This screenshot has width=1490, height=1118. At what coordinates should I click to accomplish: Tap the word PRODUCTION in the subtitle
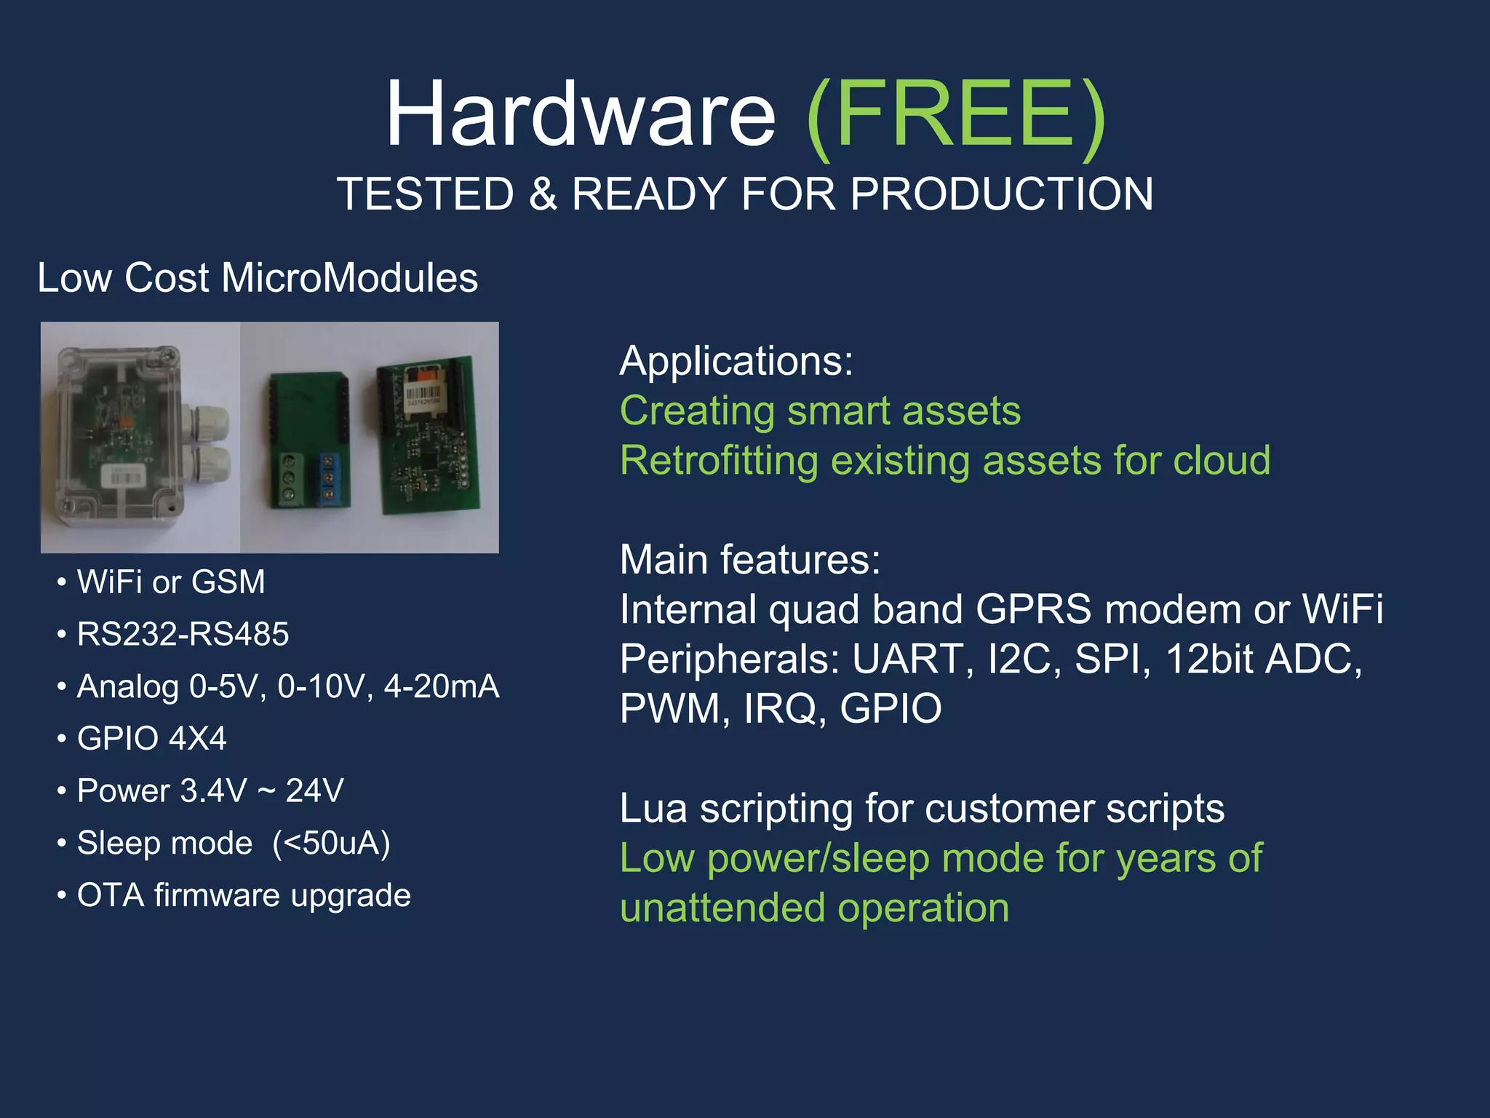point(1002,194)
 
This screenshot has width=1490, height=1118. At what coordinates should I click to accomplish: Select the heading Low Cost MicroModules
point(258,278)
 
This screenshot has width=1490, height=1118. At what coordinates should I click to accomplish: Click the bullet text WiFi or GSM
point(171,582)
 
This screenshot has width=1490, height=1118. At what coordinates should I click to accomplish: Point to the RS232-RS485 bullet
point(183,634)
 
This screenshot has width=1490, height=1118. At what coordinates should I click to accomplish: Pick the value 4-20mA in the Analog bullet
point(442,686)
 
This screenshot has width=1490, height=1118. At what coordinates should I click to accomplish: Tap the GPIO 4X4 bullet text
point(151,739)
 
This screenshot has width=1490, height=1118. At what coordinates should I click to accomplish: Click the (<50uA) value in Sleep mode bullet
point(331,844)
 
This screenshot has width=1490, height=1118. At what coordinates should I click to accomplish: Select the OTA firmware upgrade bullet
point(244,895)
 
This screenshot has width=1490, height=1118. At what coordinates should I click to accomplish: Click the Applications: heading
point(736,361)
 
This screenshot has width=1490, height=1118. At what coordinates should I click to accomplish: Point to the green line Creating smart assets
point(820,411)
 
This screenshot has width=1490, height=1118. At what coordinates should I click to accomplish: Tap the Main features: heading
point(750,560)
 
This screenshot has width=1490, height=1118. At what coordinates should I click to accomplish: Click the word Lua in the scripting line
point(653,809)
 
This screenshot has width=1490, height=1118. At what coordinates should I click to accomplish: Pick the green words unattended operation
point(814,908)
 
